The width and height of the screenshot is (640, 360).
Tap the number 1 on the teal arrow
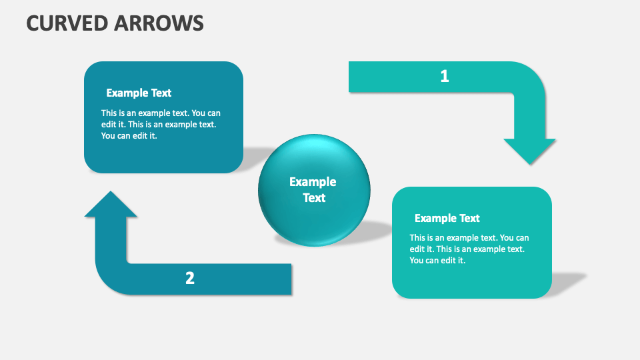[x=445, y=77]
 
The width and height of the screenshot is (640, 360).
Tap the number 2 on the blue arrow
[x=190, y=279]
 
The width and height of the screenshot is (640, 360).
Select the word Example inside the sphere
[x=313, y=182]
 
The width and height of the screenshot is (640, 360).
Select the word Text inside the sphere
[x=314, y=198]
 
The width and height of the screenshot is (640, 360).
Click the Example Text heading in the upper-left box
[x=139, y=93]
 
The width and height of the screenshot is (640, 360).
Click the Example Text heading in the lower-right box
[x=447, y=218]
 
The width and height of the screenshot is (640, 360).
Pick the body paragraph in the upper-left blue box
[x=161, y=125]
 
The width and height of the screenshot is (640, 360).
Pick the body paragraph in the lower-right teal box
[x=469, y=249]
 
